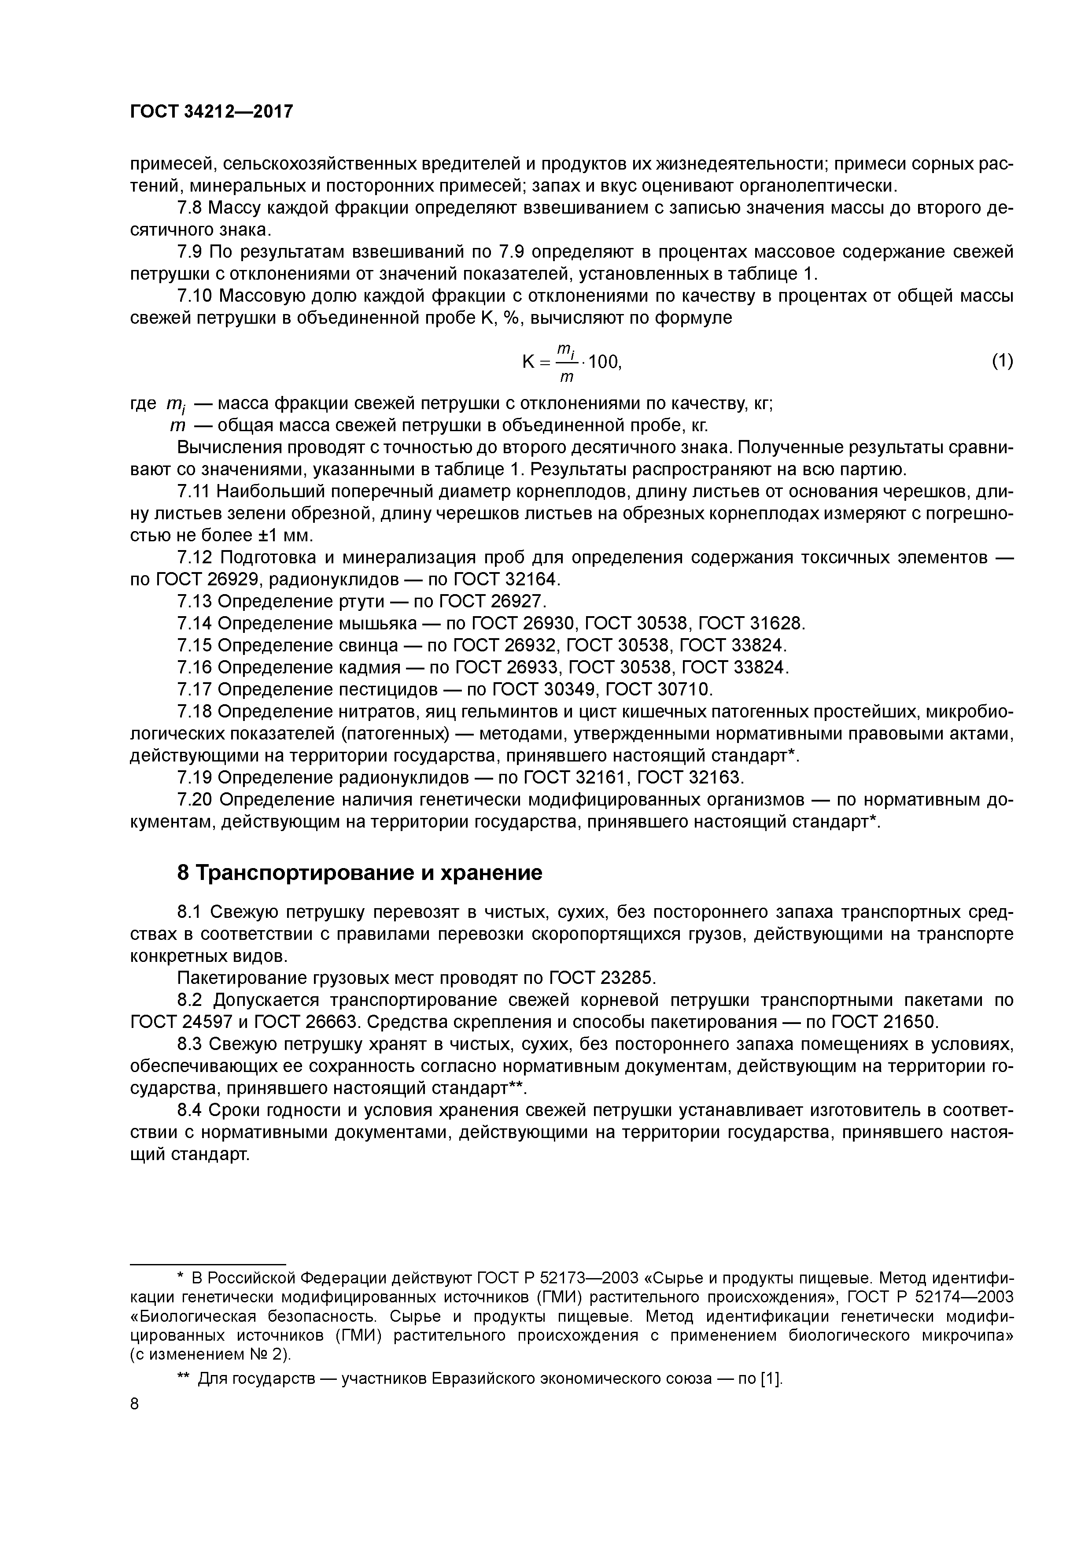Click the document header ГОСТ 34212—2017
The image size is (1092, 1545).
[x=211, y=112]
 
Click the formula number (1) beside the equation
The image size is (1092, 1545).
[x=1002, y=361]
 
